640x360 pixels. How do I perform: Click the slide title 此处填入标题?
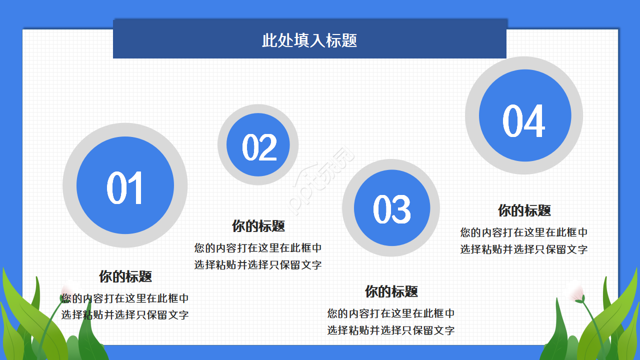coord(309,40)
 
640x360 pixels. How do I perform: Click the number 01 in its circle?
coord(125,187)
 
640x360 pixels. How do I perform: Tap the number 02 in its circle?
coord(259,147)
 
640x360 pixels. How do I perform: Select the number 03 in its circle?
coord(392,209)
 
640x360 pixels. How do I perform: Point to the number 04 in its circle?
coord(523,121)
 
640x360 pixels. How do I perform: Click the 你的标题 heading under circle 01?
coord(125,276)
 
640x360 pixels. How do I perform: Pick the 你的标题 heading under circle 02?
coord(258,226)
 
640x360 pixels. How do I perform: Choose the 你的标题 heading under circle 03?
coord(391,291)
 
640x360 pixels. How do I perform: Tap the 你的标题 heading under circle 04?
coord(524,210)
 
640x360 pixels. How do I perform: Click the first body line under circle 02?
coord(258,248)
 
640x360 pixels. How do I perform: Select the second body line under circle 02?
coord(258,265)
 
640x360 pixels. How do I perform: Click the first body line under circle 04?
coord(524,232)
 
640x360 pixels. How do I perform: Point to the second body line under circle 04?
coord(524,249)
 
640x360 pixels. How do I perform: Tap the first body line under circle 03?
coord(391,313)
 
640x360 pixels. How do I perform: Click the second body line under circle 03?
coord(391,330)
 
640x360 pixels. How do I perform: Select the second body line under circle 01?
coord(125,315)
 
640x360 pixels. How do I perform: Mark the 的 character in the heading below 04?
coord(517,210)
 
